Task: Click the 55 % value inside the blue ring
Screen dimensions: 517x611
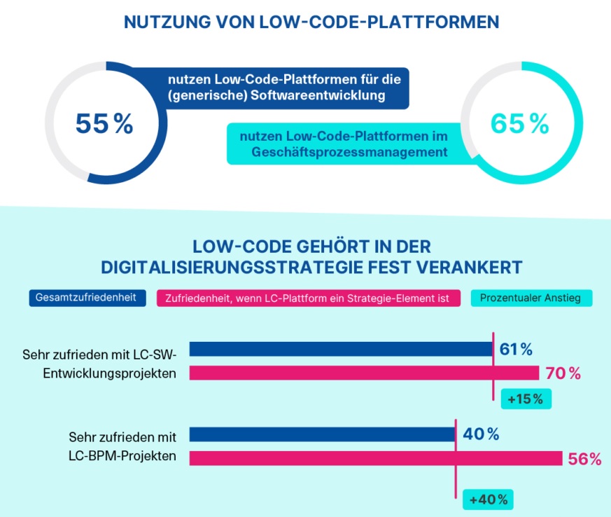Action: [x=104, y=125]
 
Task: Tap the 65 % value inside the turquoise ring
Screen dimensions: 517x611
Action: [x=519, y=124]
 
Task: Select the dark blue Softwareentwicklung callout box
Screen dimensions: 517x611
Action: [x=273, y=88]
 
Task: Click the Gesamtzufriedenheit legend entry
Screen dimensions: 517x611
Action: [x=87, y=298]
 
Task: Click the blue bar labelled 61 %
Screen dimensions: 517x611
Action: [x=341, y=349]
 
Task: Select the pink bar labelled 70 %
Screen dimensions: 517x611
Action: [x=364, y=373]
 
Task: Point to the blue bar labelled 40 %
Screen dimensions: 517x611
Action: [x=322, y=434]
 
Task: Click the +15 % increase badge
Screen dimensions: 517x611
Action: [x=526, y=399]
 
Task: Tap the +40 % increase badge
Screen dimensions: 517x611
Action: [x=489, y=500]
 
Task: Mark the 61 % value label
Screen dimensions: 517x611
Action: [x=517, y=349]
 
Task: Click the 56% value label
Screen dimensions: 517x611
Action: [x=585, y=459]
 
